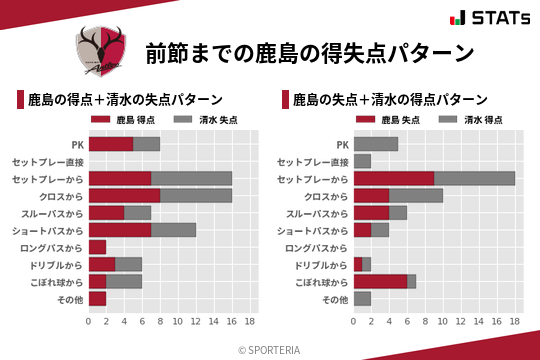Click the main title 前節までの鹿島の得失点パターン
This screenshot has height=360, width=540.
(x=309, y=52)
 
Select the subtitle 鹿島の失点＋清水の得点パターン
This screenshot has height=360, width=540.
(x=390, y=100)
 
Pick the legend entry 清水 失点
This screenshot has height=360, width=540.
(x=208, y=120)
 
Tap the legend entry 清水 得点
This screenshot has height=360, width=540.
(x=473, y=120)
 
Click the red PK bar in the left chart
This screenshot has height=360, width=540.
(x=111, y=144)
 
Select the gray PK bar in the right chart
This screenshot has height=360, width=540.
(x=376, y=144)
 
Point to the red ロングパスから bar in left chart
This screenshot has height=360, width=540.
(x=97, y=247)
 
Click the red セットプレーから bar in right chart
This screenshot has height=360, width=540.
(x=394, y=178)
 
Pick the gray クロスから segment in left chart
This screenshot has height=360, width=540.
(x=196, y=195)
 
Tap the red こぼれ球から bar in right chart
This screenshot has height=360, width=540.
(x=380, y=281)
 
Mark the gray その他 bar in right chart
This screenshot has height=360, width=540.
(x=362, y=298)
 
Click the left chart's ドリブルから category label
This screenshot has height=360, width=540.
(x=55, y=264)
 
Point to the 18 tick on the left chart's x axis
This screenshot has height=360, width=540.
(x=249, y=322)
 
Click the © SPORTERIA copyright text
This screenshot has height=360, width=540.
(x=270, y=349)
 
